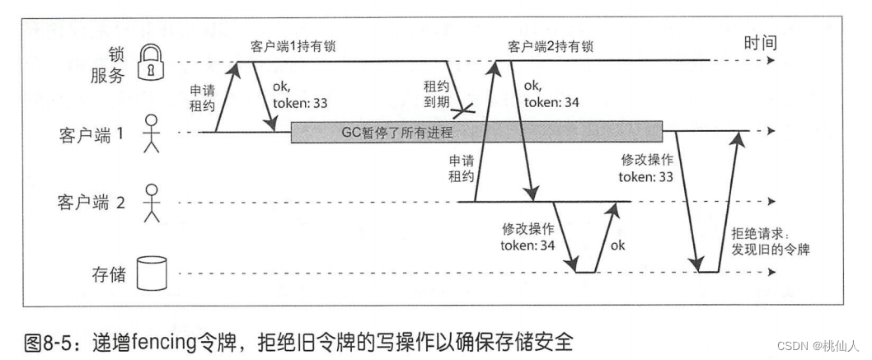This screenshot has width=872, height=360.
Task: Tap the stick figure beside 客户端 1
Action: pos(150,133)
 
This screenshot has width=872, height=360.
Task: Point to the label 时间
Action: pos(759,42)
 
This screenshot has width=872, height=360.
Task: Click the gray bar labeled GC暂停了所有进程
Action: pos(476,132)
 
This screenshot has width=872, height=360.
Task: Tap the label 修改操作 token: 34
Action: pos(528,236)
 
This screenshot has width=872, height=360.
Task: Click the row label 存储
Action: pos(109,274)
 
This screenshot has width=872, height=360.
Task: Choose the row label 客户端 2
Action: pos(91,202)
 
